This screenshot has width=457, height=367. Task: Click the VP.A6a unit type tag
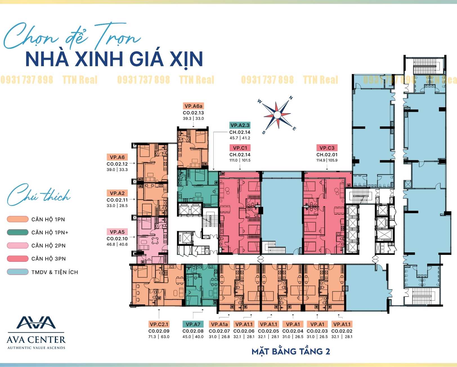(x=193, y=106)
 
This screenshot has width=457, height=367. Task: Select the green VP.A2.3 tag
(x=240, y=125)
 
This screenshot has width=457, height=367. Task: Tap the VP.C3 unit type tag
(x=327, y=148)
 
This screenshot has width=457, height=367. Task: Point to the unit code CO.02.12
(x=117, y=164)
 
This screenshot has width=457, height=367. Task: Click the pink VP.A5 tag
(x=117, y=232)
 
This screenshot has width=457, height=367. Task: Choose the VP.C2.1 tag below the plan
(x=159, y=324)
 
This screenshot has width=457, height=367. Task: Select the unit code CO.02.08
(x=193, y=331)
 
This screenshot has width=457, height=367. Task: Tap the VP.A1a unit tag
(x=219, y=324)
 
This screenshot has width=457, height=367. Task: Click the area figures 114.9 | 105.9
(x=327, y=160)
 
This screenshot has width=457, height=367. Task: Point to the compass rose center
(x=277, y=115)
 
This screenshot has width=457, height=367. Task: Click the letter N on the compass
(x=291, y=98)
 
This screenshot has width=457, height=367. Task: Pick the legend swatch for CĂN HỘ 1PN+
(x=18, y=232)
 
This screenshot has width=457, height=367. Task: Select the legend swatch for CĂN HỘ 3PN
(x=18, y=259)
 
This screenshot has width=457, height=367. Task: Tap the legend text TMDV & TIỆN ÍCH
(x=55, y=272)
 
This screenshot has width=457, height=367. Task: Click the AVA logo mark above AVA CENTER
(x=36, y=322)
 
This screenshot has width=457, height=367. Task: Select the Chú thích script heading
(x=39, y=195)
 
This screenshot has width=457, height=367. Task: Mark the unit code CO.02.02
(x=342, y=331)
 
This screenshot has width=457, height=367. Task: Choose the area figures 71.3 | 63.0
(x=159, y=337)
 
